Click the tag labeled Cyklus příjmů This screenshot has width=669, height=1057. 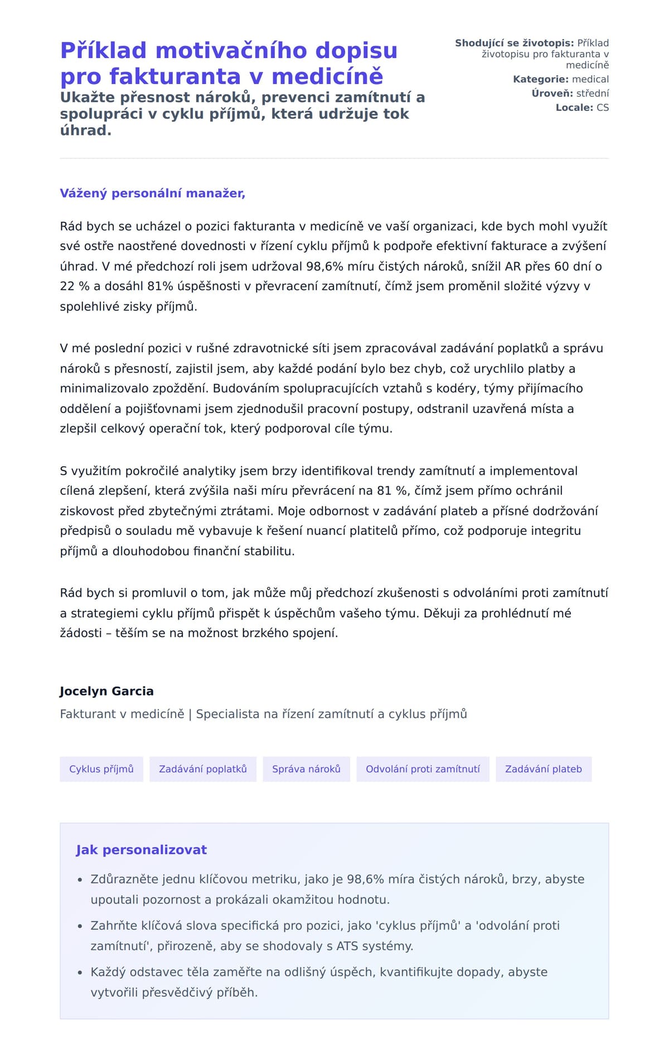tap(101, 769)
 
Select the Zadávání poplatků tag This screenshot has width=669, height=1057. tap(203, 769)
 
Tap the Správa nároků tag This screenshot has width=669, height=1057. tap(306, 769)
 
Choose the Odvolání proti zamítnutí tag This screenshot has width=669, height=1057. tap(423, 769)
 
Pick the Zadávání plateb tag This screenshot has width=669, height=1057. tap(544, 769)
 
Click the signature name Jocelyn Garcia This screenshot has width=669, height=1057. tap(106, 691)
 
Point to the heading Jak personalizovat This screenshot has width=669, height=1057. tap(141, 850)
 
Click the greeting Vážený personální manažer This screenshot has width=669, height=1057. tap(152, 193)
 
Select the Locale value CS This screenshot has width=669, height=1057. tap(603, 108)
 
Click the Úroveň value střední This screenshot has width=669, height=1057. tap(593, 94)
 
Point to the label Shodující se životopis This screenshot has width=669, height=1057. tap(514, 43)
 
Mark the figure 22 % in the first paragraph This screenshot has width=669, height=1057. tap(75, 286)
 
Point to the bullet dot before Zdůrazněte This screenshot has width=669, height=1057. tap(80, 880)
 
